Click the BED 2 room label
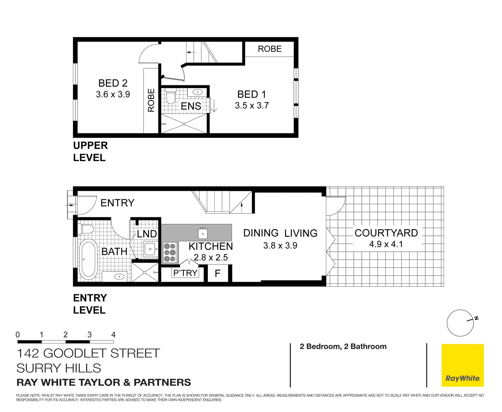(x=113, y=83)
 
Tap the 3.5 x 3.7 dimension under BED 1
(x=252, y=105)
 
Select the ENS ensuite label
(x=191, y=106)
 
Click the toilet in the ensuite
(x=171, y=97)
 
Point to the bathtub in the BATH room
(x=88, y=259)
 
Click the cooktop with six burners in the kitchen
(x=170, y=252)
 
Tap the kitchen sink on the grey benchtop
(x=203, y=233)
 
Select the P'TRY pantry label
(x=185, y=273)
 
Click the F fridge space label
(x=218, y=273)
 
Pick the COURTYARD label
(x=386, y=233)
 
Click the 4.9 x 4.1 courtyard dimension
(x=386, y=244)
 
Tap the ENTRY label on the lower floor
(x=117, y=203)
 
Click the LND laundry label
(x=147, y=234)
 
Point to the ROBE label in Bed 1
(x=270, y=49)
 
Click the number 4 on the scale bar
(x=113, y=335)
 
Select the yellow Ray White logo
(x=463, y=365)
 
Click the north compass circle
(x=460, y=323)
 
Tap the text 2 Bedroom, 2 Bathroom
(x=343, y=346)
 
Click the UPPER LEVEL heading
(x=90, y=151)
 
